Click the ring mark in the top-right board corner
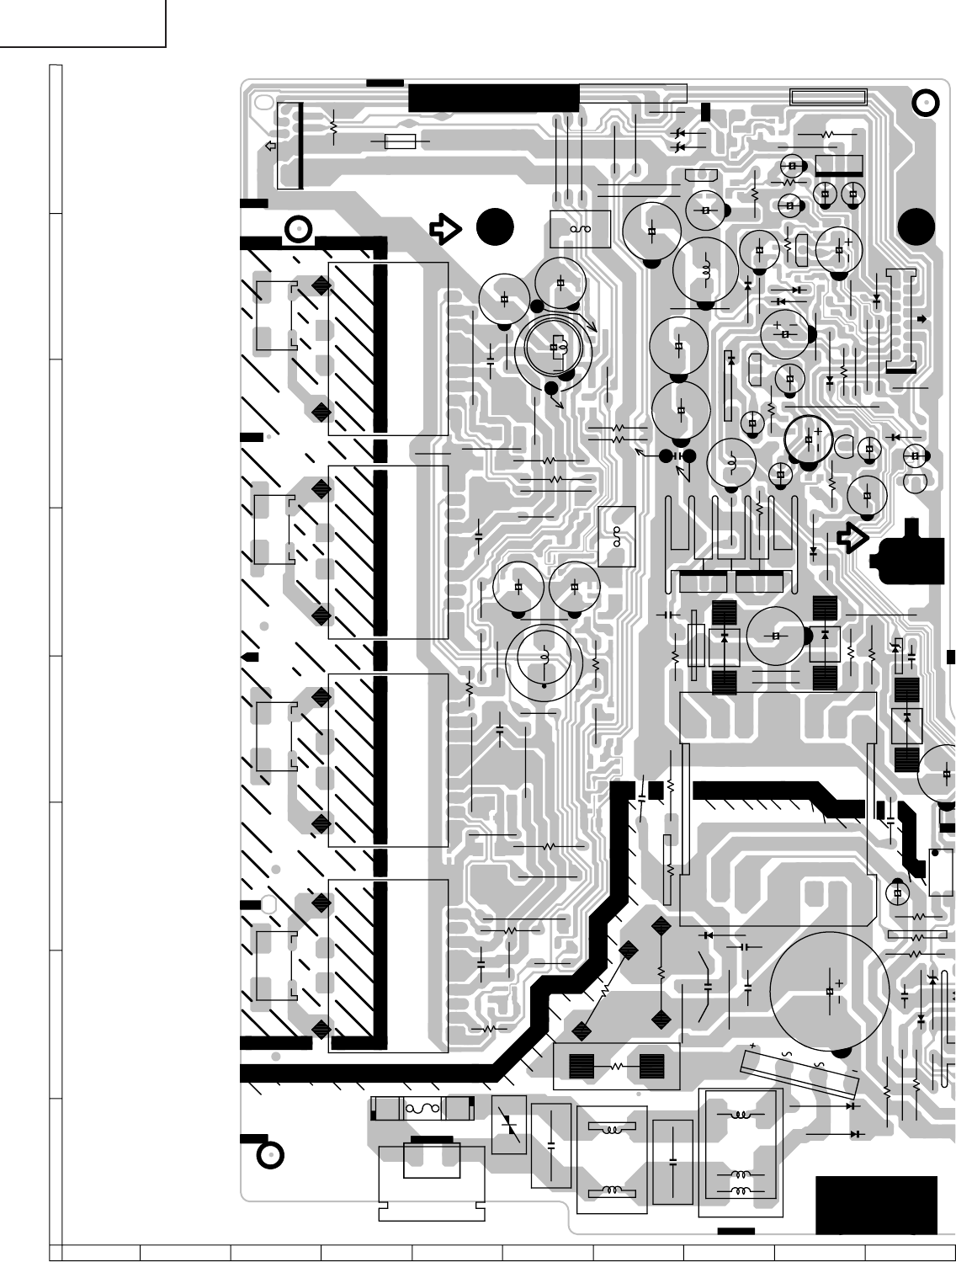tap(925, 104)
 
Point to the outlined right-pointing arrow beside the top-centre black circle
tap(444, 228)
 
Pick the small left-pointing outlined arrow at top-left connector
tap(270, 146)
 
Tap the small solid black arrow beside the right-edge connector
tap(922, 318)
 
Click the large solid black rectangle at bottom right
tap(876, 1204)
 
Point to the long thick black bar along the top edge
tap(493, 98)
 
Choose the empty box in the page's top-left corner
tap(82, 23)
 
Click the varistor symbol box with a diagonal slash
tap(508, 1125)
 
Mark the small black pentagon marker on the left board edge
tap(250, 657)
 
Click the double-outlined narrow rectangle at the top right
tap(828, 97)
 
